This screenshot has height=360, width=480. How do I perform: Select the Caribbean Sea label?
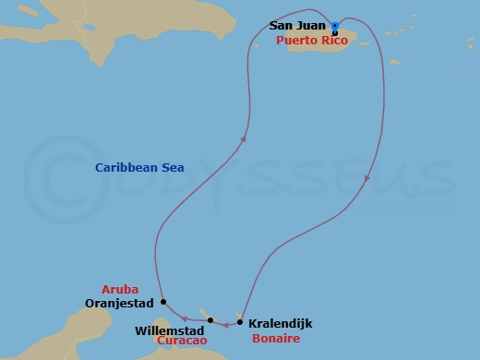click(x=140, y=167)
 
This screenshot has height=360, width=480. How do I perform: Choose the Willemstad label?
click(x=170, y=329)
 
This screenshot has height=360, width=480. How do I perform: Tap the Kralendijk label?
click(x=280, y=324)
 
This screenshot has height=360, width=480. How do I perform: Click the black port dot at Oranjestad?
click(x=163, y=302)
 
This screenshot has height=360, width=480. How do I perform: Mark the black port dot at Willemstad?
click(x=210, y=320)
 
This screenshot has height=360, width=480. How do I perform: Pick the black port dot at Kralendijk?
click(x=240, y=322)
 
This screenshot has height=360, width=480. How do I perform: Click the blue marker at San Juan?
click(x=334, y=25)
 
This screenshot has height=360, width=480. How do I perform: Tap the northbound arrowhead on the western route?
click(x=244, y=138)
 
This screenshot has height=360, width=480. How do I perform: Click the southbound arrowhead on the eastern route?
click(x=367, y=179)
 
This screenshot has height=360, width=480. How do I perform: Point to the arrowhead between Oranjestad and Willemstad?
click(x=186, y=319)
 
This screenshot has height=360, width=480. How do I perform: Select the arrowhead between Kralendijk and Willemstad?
click(x=225, y=324)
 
